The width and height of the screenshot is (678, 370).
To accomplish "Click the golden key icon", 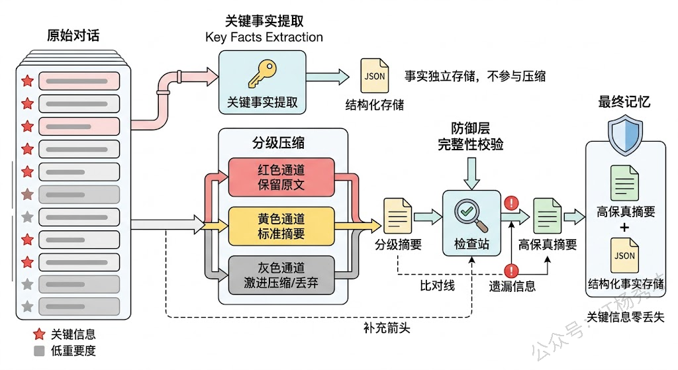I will coord(262,73).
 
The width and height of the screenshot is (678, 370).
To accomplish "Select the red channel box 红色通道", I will coord(281,177).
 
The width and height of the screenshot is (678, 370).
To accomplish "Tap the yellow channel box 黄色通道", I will coord(281,225).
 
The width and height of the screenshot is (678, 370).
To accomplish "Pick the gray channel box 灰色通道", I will coord(281,275).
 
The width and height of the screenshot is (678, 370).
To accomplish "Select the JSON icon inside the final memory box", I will coord(624,256).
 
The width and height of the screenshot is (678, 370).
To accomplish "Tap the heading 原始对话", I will coord(73,36).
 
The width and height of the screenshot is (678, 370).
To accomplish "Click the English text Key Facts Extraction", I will coord(264,37).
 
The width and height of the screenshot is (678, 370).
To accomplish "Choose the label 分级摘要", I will coord(398,245).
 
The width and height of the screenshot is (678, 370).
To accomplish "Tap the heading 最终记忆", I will coord(624,102).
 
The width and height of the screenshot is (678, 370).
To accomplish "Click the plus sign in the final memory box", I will coord(624,228).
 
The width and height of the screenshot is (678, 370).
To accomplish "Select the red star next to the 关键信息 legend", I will coord(38,334).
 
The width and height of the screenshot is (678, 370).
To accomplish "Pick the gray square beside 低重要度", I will coord(39,351).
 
